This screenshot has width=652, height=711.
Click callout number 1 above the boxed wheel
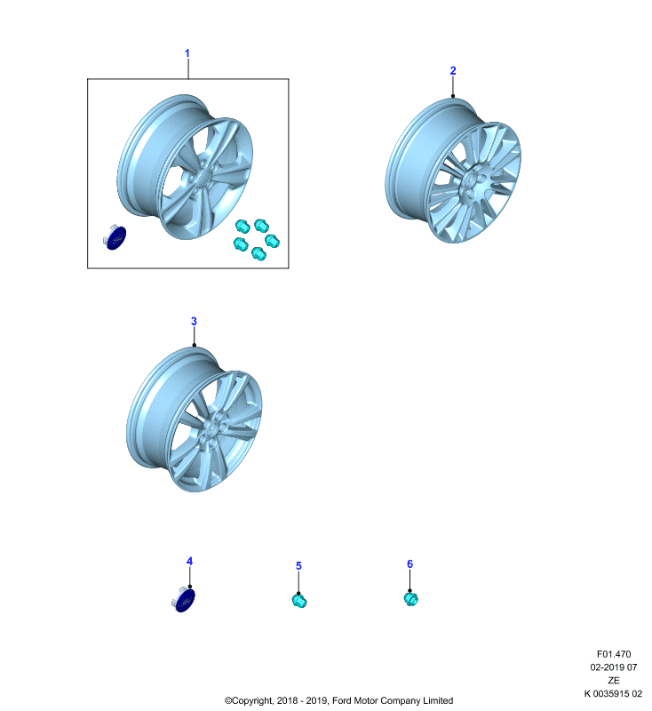pyautogui.click(x=187, y=53)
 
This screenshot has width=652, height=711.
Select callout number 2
pyautogui.click(x=453, y=71)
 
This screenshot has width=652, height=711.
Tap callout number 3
pyautogui.click(x=194, y=322)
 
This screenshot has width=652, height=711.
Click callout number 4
pyautogui.click(x=189, y=562)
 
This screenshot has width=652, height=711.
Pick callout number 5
pyautogui.click(x=298, y=566)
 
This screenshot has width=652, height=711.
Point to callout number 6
pyautogui.click(x=409, y=564)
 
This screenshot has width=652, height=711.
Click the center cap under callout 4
pyautogui.click(x=184, y=599)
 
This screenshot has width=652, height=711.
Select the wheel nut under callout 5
pyautogui.click(x=299, y=602)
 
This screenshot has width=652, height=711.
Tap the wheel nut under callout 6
pyautogui.click(x=411, y=599)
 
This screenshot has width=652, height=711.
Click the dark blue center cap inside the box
pyautogui.click(x=115, y=236)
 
